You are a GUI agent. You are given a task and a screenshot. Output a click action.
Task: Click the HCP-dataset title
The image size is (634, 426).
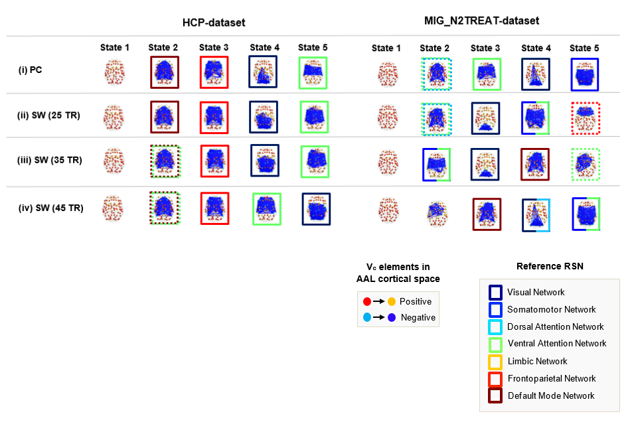point(214,23)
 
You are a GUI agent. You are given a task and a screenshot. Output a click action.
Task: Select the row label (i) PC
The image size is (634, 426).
point(31,69)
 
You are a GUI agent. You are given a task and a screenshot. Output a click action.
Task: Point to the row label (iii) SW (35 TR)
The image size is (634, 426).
point(50,160)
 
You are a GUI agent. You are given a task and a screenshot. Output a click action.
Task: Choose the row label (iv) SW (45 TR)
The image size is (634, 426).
point(50,208)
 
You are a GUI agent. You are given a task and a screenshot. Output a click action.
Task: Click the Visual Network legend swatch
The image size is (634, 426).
point(495,292)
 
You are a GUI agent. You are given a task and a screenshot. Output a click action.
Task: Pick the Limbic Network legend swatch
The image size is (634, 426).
point(495,361)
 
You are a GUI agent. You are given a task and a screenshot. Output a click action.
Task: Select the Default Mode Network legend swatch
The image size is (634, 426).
point(495,395)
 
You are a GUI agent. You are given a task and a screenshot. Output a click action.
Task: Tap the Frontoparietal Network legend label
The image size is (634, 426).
point(552,378)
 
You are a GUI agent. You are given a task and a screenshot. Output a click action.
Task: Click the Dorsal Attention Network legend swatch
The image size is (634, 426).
point(495,326)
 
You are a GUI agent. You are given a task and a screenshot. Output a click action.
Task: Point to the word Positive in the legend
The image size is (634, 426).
point(416,301)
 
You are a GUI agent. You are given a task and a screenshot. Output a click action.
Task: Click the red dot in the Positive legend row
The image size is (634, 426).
point(366,301)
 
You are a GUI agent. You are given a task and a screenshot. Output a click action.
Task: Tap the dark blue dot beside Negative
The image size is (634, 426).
point(392,317)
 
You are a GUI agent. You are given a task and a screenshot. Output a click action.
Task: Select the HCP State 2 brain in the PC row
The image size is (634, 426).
point(164,72)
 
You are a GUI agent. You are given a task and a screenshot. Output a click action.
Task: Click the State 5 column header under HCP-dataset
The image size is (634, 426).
point(313,47)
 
